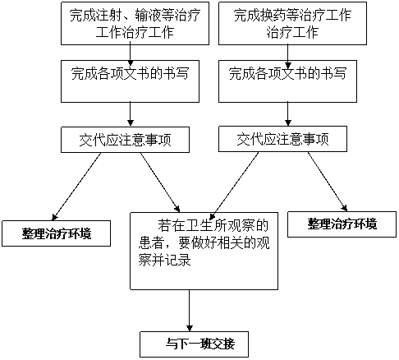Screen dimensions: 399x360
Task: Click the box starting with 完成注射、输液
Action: point(135,24)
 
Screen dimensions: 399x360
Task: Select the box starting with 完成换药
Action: point(292,24)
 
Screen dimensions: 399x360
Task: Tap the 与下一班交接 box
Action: point(195,344)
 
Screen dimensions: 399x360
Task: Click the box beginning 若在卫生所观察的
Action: point(204,251)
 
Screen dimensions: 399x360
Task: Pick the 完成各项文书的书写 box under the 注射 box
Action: point(130,81)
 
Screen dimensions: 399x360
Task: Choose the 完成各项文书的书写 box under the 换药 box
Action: point(287,81)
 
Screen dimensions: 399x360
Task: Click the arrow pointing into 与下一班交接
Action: point(190,311)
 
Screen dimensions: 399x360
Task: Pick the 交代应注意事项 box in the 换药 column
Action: point(282,139)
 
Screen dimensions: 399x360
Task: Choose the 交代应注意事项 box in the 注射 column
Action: point(125,140)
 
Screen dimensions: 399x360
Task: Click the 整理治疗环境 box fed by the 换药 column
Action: point(342,224)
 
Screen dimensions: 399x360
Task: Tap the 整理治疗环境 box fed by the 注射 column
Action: point(56,233)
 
